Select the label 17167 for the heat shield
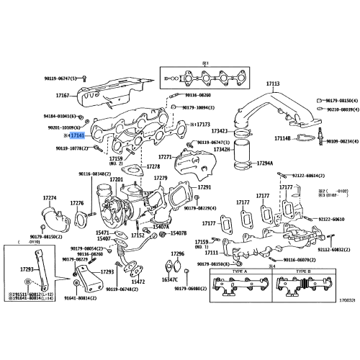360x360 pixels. click(x=62, y=94)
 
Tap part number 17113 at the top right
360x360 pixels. click(x=272, y=84)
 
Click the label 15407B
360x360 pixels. click(x=178, y=233)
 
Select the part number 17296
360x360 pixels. click(x=178, y=254)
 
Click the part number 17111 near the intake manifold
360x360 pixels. click(x=210, y=253)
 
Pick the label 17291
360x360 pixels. click(x=204, y=187)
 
